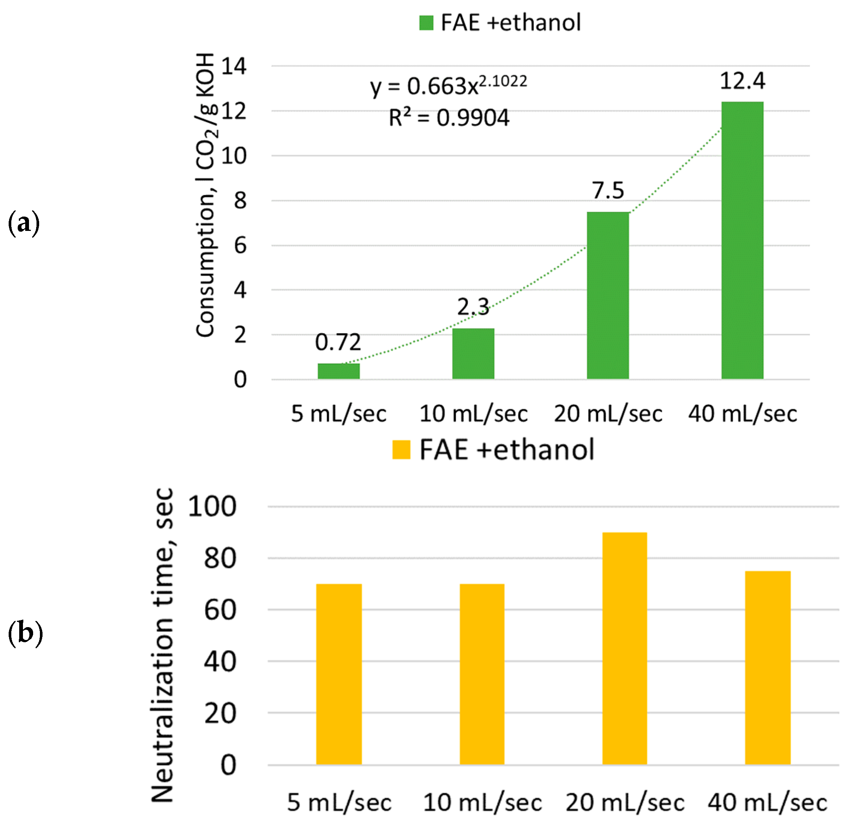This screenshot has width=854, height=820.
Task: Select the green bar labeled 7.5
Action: click(x=607, y=295)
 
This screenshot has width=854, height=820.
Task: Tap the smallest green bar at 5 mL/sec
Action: click(x=338, y=371)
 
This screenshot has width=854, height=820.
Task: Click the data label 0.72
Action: click(x=338, y=342)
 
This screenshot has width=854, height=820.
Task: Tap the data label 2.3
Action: click(x=473, y=307)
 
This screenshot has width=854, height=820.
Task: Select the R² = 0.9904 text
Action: click(x=449, y=118)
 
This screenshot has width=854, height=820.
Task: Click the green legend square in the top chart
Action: click(x=426, y=23)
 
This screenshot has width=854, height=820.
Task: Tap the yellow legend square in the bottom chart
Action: click(x=401, y=450)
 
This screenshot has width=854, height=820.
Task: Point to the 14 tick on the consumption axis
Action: click(x=234, y=66)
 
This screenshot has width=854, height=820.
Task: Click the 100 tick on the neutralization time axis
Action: click(x=212, y=507)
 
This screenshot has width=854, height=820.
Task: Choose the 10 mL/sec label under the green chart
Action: click(x=473, y=413)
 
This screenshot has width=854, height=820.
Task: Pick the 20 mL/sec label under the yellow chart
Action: click(x=624, y=802)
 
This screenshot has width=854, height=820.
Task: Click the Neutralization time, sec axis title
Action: click(x=163, y=645)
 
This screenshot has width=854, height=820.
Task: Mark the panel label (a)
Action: click(x=24, y=223)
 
